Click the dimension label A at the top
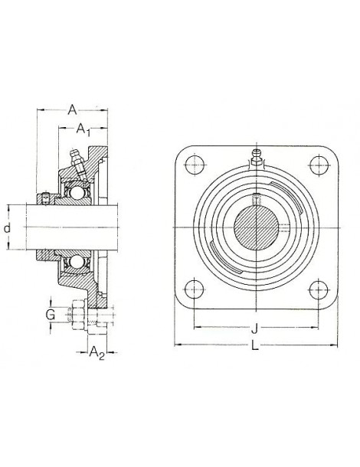pos(73,110)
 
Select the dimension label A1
pos(84,131)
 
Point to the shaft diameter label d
pos(8,228)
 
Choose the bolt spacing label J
pos(254,330)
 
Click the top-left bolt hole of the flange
pos(191,164)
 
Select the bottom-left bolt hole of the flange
pos(191,290)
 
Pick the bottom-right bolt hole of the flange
pos(316,290)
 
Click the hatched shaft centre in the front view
pos(254,227)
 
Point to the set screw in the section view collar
pos(46,200)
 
